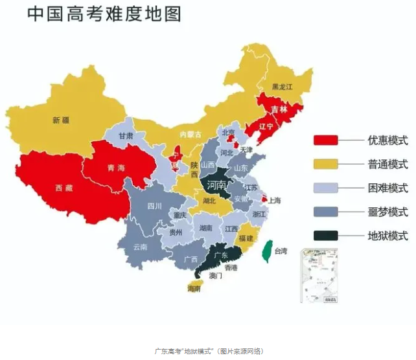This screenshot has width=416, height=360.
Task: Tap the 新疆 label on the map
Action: [x=61, y=120]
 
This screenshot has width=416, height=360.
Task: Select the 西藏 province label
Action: [x=64, y=188]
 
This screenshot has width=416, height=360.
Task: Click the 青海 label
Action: [x=117, y=168]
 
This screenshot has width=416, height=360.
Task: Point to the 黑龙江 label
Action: [x=283, y=86]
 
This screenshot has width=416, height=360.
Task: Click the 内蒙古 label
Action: [x=190, y=134]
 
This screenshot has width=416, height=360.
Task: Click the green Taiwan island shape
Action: [x=266, y=253]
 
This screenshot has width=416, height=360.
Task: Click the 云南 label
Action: [x=140, y=247]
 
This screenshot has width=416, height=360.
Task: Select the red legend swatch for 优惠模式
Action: [x=325, y=140]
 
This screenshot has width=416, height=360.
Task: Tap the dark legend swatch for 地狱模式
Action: [x=325, y=236]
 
